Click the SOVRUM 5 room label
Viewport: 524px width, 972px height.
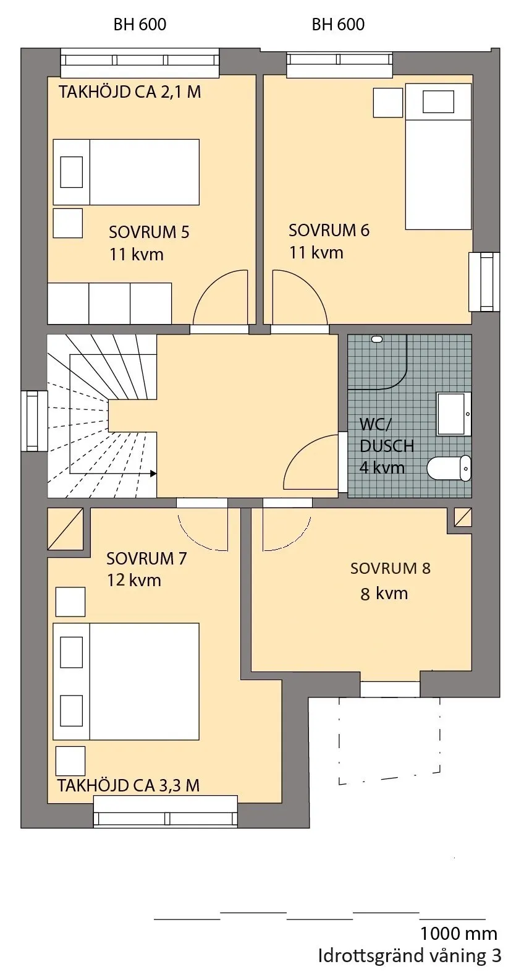pyautogui.click(x=149, y=232)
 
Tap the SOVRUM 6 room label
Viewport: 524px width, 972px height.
pyautogui.click(x=329, y=230)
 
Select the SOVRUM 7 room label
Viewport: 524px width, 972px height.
pyautogui.click(x=146, y=558)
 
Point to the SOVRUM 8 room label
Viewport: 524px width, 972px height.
pyautogui.click(x=391, y=568)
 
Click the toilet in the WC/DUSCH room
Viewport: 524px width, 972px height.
pyautogui.click(x=449, y=468)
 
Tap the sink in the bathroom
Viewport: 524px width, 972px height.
pyautogui.click(x=454, y=414)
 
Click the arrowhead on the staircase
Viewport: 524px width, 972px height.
pyautogui.click(x=153, y=474)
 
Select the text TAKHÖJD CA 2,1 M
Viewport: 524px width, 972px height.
pyautogui.click(x=130, y=92)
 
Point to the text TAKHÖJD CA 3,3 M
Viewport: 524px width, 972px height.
pyautogui.click(x=129, y=785)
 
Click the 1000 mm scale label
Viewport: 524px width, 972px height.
pyautogui.click(x=458, y=933)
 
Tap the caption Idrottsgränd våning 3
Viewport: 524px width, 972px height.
pyautogui.click(x=410, y=955)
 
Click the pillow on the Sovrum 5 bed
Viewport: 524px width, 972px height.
pyautogui.click(x=71, y=172)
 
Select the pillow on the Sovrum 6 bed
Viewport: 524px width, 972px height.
pyautogui.click(x=438, y=101)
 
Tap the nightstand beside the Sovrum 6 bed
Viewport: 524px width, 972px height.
pyautogui.click(x=388, y=102)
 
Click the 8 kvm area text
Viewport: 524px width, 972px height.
pyautogui.click(x=384, y=593)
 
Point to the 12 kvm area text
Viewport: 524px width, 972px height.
pyautogui.click(x=134, y=580)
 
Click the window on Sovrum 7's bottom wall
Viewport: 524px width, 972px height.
pyautogui.click(x=165, y=811)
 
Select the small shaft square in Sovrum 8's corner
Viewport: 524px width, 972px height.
pyautogui.click(x=463, y=518)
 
